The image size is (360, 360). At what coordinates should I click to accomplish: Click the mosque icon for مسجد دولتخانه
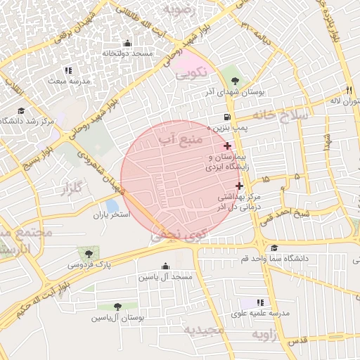click(x=127, y=44)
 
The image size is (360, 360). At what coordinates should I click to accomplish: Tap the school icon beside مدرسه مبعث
click(x=68, y=70)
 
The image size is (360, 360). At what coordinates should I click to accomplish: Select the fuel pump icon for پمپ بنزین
click(x=226, y=117)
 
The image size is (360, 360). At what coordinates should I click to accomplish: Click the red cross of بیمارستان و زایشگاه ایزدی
click(x=226, y=145)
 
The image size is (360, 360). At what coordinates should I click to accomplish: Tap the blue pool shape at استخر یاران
click(x=112, y=205)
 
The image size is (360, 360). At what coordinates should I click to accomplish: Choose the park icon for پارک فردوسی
click(x=89, y=254)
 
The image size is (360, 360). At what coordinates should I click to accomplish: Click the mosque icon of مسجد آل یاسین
click(x=165, y=266)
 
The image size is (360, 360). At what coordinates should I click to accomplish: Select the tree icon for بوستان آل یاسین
click(x=117, y=307)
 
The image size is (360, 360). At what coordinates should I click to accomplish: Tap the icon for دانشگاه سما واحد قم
click(x=274, y=248)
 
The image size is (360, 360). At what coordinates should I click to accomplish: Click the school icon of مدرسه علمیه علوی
click(x=261, y=302)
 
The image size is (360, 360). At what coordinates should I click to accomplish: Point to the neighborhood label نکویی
click(x=191, y=72)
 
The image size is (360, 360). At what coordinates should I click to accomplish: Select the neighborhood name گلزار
click(x=72, y=188)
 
